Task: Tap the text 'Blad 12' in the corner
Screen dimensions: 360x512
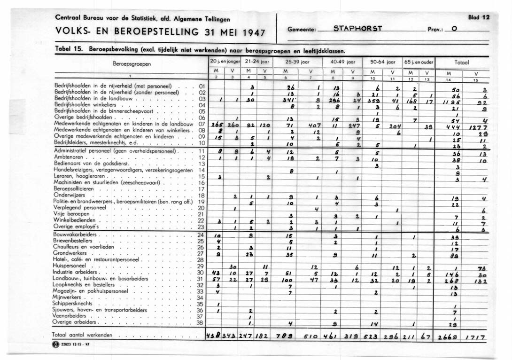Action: (479, 17)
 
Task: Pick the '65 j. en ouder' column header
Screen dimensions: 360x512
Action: (419, 61)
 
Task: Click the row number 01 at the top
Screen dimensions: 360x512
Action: (202, 86)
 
